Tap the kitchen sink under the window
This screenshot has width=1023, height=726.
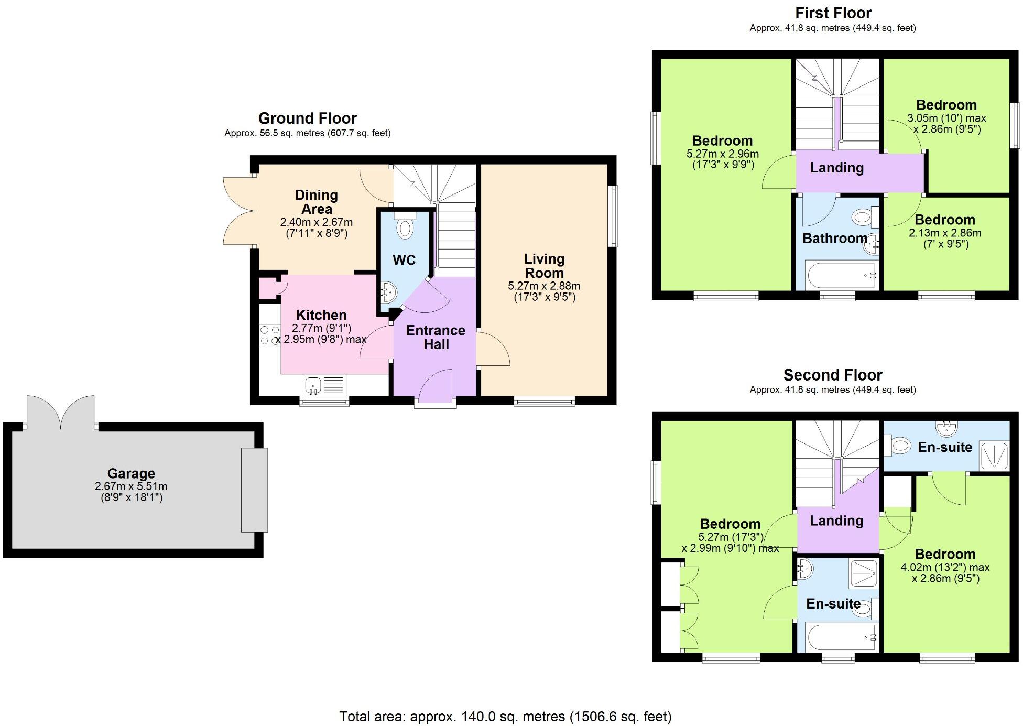click(x=313, y=385)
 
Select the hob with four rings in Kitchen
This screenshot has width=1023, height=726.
click(x=270, y=335)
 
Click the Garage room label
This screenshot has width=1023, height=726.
click(x=131, y=474)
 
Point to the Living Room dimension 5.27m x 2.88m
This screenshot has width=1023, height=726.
click(x=544, y=286)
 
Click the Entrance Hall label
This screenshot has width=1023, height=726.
click(x=436, y=337)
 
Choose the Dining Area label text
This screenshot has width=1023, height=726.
click(x=316, y=202)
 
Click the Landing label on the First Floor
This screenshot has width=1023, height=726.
click(x=837, y=168)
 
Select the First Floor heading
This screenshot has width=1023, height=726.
click(x=833, y=13)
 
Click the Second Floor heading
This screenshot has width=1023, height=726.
click(x=833, y=375)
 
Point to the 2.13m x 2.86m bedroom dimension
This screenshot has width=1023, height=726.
click(x=945, y=233)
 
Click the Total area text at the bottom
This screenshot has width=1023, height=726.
click(x=505, y=716)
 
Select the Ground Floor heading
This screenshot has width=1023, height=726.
click(x=308, y=118)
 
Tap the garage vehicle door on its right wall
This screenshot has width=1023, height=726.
click(x=254, y=490)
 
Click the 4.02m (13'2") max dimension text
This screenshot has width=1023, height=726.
click(x=945, y=567)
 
